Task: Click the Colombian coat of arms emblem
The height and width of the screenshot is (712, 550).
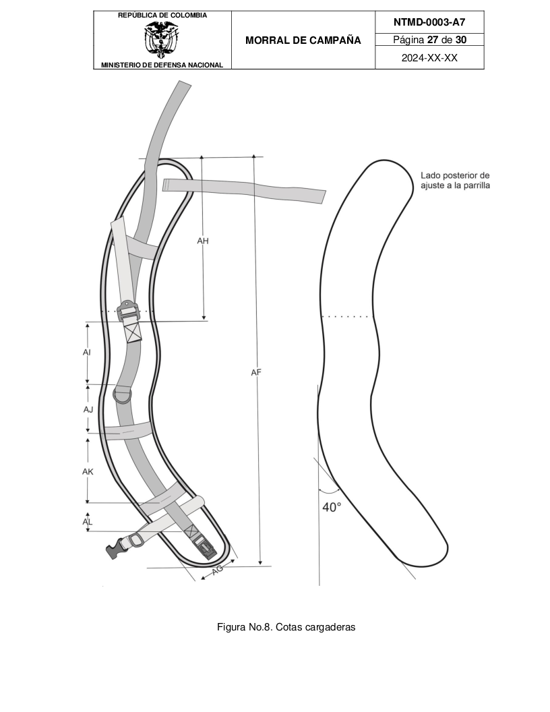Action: coord(162,40)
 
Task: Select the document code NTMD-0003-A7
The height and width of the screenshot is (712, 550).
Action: coord(429,22)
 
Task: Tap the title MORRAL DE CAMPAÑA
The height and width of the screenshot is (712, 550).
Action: coord(303,40)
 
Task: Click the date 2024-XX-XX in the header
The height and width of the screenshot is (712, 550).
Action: coord(429,58)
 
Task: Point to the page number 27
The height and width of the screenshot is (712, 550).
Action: coord(433,40)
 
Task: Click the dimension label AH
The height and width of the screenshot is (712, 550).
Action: coord(203,241)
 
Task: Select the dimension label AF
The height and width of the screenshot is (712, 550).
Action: coord(256,372)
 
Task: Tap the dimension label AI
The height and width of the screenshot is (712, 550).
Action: coord(87,353)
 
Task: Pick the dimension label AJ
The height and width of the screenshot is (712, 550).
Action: coord(88,409)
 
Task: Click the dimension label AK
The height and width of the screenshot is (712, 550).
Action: coord(88,472)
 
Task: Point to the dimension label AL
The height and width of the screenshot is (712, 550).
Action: coord(87,522)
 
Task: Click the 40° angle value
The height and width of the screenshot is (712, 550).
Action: coord(332,507)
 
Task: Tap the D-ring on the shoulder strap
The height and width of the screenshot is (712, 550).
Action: coord(123,394)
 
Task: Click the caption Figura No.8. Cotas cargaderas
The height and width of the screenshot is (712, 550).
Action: coord(286,627)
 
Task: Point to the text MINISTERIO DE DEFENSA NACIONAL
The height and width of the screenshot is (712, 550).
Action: coord(162,65)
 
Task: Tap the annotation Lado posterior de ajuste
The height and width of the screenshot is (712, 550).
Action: coord(455,180)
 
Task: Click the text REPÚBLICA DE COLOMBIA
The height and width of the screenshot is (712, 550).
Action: coord(162,15)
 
